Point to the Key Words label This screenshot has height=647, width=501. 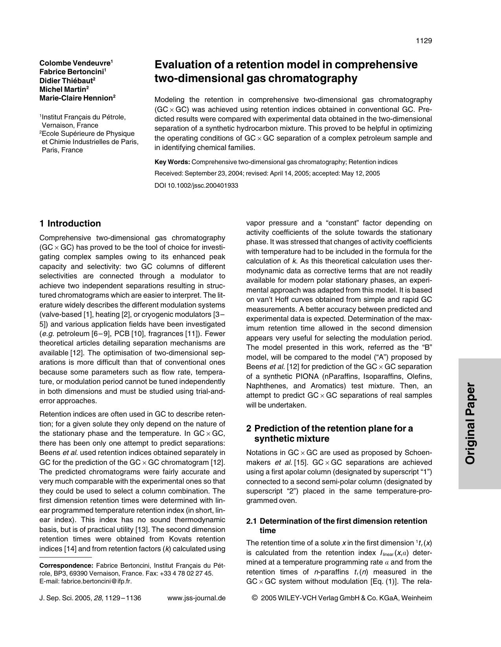[172, 162]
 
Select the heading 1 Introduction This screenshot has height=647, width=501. [70, 223]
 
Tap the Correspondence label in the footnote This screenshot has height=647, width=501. [66, 566]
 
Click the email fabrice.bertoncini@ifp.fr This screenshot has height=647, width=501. [96, 581]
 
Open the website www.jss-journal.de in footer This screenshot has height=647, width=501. [196, 598]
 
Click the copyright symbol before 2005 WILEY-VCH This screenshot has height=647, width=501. [255, 598]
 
